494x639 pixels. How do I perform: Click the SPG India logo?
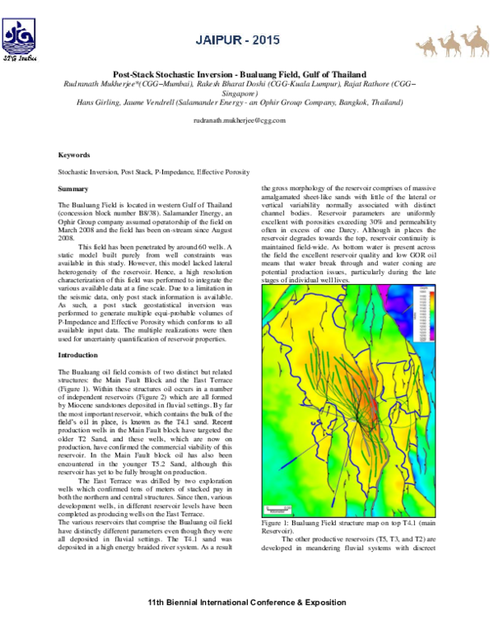pyautogui.click(x=21, y=41)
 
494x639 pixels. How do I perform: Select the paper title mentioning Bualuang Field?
pyautogui.click(x=246, y=73)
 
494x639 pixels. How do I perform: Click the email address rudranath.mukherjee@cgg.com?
pyautogui.click(x=239, y=120)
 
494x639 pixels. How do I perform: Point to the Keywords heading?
pyautogui.click(x=74, y=155)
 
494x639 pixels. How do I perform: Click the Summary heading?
pyautogui.click(x=72, y=189)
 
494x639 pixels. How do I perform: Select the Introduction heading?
pyautogui.click(x=78, y=355)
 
